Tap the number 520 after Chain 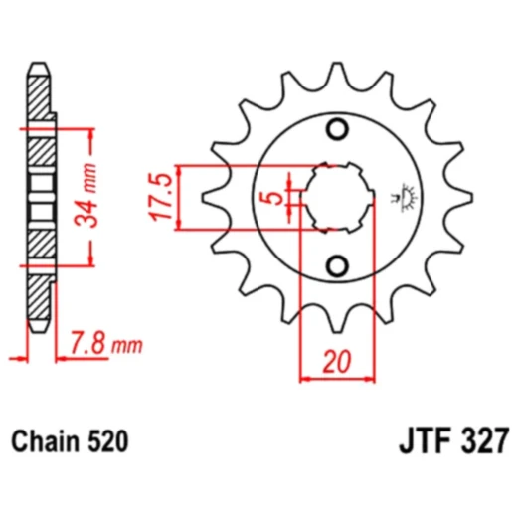pos(108,438)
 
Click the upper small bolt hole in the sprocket pos(338,130)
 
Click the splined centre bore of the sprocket pos(338,197)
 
